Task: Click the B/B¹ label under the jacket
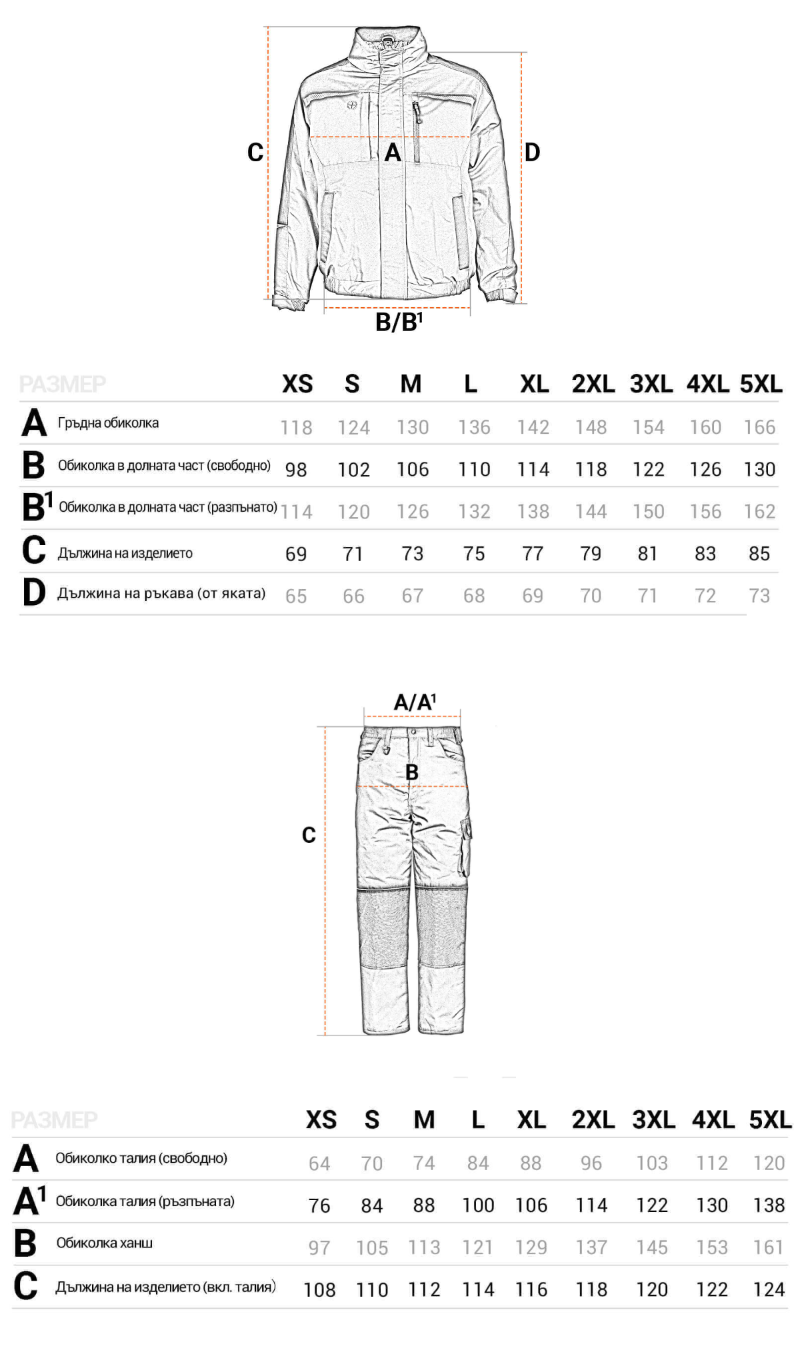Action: pos(399,322)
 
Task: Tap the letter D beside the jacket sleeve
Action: pos(531,153)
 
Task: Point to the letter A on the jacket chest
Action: pos(393,153)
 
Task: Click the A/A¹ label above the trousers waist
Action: pos(414,702)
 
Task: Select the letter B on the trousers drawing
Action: pos(412,772)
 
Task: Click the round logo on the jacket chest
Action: pos(353,105)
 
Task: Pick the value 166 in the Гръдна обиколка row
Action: pos(759,427)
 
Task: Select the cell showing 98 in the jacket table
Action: pos(296,470)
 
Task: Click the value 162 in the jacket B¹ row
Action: pos(759,512)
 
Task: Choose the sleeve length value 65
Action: pos(296,596)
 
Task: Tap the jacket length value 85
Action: pos(759,554)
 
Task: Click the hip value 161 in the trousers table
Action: pos(768,1247)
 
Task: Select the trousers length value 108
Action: pos(319,1290)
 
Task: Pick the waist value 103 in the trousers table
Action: pos(651,1163)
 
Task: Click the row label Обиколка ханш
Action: pos(105,1243)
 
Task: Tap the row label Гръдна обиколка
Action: pos(108,423)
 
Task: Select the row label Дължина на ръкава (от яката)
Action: pos(161,593)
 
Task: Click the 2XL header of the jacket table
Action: pos(593,384)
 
